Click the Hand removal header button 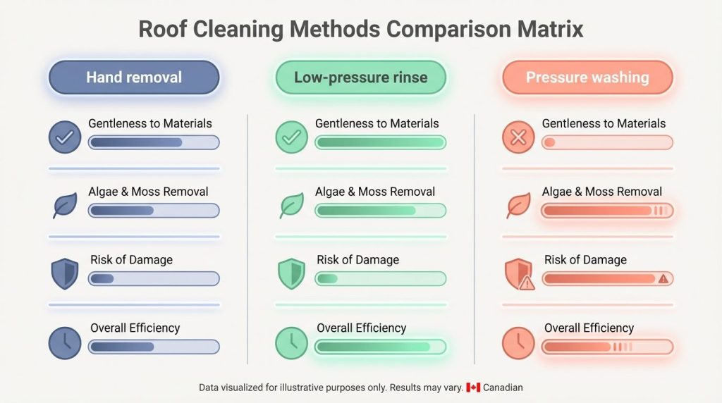134,77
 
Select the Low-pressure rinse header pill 360,77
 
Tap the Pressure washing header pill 587,77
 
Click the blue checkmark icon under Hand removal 65,137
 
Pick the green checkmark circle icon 291,137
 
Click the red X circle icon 518,137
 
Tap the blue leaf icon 65,206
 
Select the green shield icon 291,274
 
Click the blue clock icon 65,342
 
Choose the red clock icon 518,342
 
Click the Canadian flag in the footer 473,387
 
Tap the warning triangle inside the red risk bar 663,279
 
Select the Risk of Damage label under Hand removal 131,260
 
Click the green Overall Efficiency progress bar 381,347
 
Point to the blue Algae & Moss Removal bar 154,210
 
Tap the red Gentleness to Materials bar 607,142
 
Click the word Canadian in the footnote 503,387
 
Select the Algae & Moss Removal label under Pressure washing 602,192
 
